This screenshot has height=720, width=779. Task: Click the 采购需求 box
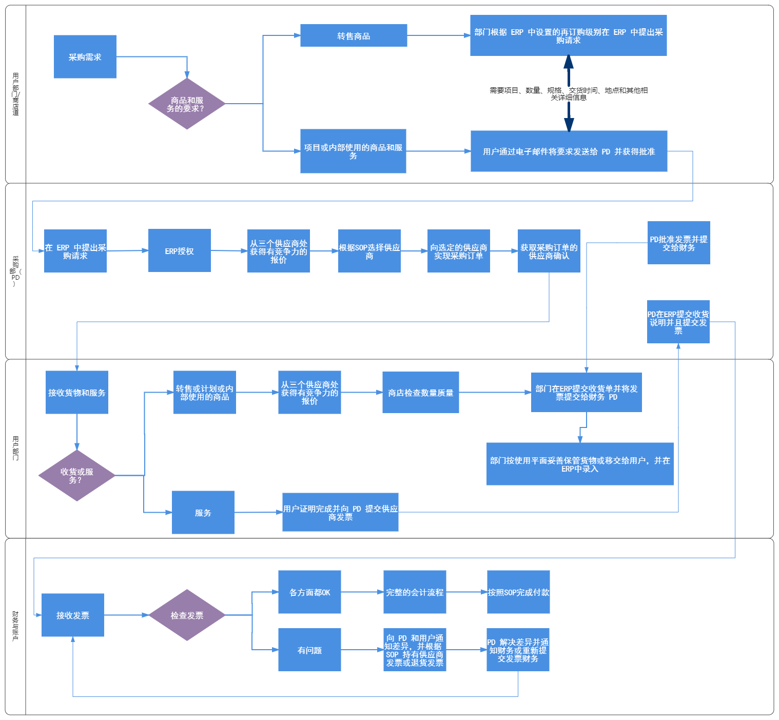click(85, 57)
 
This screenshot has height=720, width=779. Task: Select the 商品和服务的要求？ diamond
click(187, 104)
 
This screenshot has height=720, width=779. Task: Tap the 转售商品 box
click(354, 36)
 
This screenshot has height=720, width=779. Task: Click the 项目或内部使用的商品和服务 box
click(353, 151)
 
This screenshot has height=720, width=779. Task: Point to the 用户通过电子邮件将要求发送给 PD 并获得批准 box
click(569, 151)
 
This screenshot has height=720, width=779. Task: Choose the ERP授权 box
click(180, 251)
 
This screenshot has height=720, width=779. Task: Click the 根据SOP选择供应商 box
click(369, 251)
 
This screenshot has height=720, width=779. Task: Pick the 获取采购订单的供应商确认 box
click(549, 251)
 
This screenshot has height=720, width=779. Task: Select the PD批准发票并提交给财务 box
click(678, 243)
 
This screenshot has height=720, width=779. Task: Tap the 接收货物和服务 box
click(77, 393)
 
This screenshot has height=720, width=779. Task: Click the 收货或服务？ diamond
click(77, 476)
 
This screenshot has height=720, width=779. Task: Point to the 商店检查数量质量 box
click(421, 393)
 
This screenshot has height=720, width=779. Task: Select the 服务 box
click(203, 513)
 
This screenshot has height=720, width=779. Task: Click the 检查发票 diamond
click(187, 615)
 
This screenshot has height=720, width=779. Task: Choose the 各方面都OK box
click(309, 592)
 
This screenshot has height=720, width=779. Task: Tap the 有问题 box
click(309, 650)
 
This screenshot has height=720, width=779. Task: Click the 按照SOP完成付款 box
click(518, 592)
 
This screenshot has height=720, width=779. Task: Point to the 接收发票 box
click(73, 615)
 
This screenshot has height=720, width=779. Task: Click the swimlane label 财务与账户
click(15, 626)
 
